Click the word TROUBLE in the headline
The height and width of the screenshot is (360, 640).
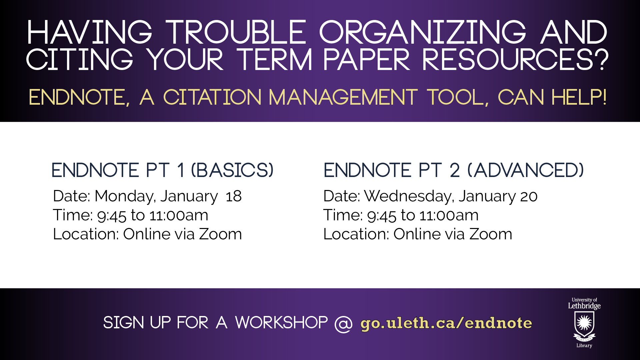(236, 32)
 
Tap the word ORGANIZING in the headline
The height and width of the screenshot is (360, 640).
(423, 32)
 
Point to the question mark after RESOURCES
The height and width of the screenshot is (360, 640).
(602, 59)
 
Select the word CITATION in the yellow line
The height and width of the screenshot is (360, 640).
(212, 97)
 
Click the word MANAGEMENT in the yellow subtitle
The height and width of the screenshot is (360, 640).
(343, 97)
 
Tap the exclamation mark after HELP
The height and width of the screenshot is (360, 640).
(604, 97)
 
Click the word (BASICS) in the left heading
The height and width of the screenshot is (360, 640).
(232, 170)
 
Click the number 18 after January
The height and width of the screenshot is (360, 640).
(234, 196)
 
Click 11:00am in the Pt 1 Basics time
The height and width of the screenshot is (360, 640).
(179, 215)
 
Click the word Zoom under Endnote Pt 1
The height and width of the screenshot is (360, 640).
(220, 234)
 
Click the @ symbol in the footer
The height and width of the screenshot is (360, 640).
(343, 323)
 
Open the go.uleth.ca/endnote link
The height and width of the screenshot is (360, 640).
(446, 323)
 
